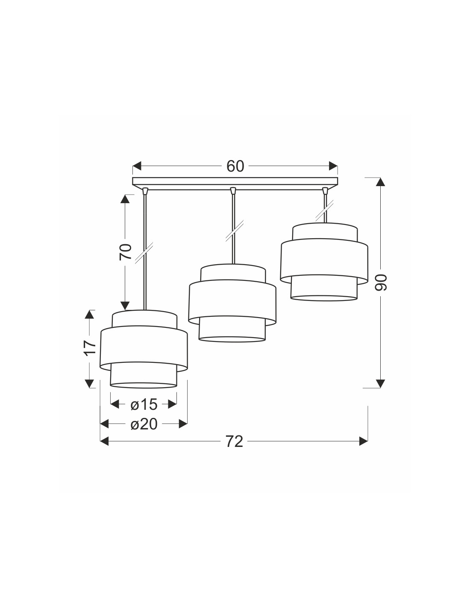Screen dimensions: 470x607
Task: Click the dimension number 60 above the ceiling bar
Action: pos(235,166)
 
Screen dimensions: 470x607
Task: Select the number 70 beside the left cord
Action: pos(126,252)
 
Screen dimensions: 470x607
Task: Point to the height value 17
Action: pos(90,348)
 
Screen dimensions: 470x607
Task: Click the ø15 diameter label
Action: pos(144,404)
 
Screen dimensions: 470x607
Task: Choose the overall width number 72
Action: pos(234,442)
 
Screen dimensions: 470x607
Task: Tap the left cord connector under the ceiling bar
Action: pos(144,191)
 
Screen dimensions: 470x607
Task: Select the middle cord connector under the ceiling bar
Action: pos(233,191)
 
